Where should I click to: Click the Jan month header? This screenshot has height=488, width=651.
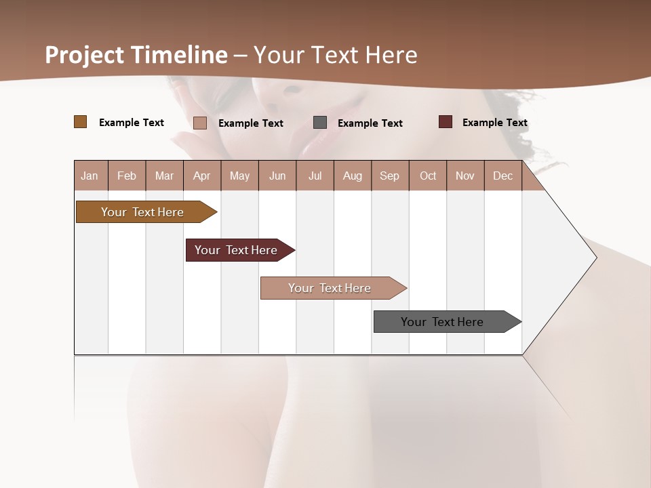click(x=90, y=176)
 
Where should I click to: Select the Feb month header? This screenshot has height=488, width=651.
click(x=127, y=176)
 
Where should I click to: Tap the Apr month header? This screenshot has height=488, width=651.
click(x=202, y=176)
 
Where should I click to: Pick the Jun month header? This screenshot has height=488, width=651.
click(x=277, y=176)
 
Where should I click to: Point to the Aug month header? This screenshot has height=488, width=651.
click(x=353, y=176)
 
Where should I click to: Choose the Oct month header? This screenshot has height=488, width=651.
click(x=428, y=176)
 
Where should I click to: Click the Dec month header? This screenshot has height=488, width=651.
click(x=503, y=176)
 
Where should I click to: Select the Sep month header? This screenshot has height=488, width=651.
click(x=390, y=176)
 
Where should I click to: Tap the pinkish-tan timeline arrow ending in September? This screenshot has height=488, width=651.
click(x=331, y=288)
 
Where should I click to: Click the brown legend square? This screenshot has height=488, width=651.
click(x=80, y=122)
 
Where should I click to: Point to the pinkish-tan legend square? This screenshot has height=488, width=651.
click(x=200, y=123)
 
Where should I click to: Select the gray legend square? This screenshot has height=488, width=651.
click(x=320, y=123)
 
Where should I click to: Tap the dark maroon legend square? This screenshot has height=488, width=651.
click(x=445, y=122)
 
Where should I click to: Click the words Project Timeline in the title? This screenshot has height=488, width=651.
click(x=136, y=55)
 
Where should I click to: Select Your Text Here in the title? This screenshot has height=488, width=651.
click(x=336, y=55)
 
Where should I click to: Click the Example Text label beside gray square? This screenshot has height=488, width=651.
click(x=370, y=123)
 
